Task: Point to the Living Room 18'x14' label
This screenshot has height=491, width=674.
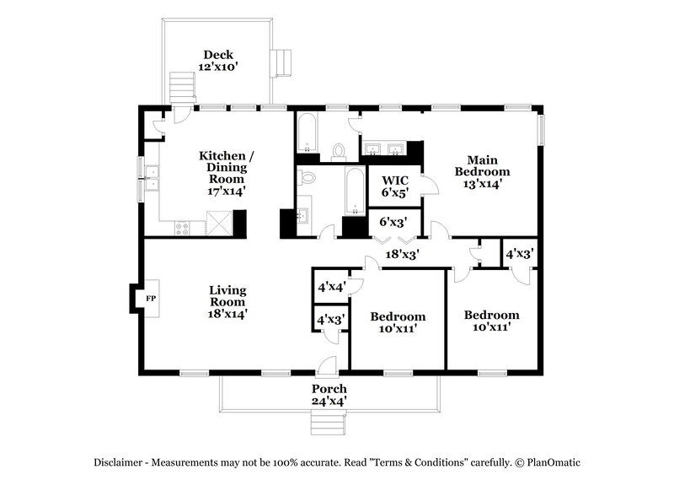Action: tap(227, 301)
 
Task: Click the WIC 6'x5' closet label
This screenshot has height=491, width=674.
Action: tap(396, 186)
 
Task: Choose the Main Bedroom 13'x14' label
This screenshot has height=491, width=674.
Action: tap(483, 171)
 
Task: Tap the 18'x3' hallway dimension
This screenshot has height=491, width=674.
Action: tap(403, 253)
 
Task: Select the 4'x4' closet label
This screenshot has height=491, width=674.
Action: tap(329, 286)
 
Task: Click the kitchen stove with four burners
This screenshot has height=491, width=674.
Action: tap(182, 227)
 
